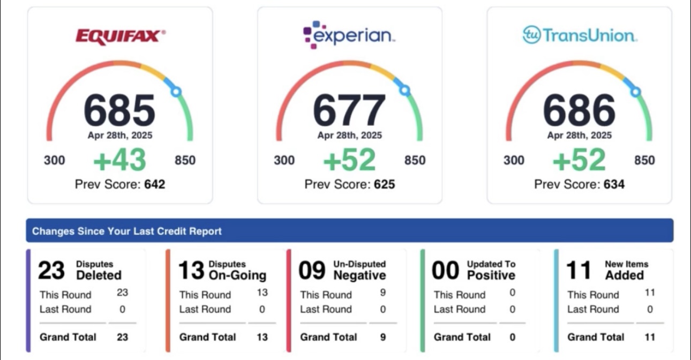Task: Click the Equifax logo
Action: (x=121, y=37)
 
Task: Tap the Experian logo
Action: (x=349, y=35)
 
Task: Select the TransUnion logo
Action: (x=580, y=35)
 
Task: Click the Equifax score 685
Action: (x=119, y=110)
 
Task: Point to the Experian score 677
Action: (x=349, y=110)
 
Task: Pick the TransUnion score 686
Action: (x=579, y=110)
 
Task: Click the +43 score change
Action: (x=119, y=160)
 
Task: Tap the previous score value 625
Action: (x=385, y=184)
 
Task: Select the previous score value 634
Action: (x=614, y=184)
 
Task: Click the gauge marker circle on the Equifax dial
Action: (x=176, y=92)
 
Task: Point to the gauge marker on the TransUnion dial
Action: (x=635, y=92)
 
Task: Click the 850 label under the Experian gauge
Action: (x=415, y=160)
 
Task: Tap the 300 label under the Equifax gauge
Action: (x=54, y=160)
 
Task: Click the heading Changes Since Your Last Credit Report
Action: (x=127, y=231)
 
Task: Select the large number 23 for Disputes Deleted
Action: (x=51, y=270)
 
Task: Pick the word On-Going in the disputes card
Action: (x=237, y=275)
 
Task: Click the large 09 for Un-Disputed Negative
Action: (x=312, y=270)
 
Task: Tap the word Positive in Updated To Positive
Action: (x=491, y=275)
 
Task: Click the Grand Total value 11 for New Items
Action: (x=650, y=337)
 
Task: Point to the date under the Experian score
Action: (x=349, y=135)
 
